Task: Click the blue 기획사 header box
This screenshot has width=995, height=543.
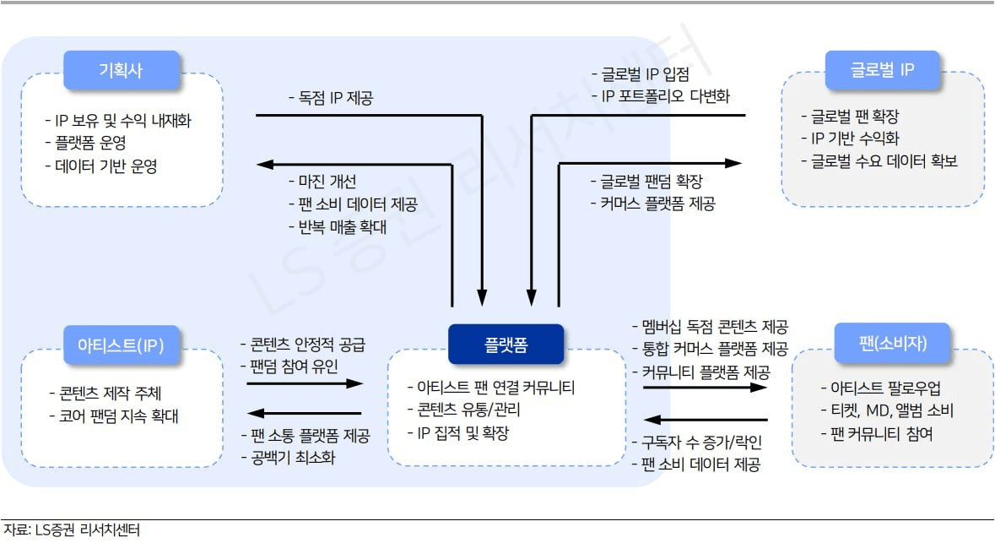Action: pyautogui.click(x=122, y=71)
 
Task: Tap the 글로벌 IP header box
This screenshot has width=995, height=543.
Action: pyautogui.click(x=882, y=70)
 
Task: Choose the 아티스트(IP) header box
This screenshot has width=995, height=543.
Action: pyautogui.click(x=115, y=345)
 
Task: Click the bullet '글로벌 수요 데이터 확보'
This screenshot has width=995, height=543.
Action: pyautogui.click(x=878, y=161)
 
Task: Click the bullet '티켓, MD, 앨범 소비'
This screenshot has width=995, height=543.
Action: pyautogui.click(x=886, y=411)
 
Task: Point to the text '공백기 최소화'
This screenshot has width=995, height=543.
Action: pyautogui.click(x=287, y=459)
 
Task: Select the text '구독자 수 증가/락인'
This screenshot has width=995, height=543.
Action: pyautogui.click(x=696, y=443)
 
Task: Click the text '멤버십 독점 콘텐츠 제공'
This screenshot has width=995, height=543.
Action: pyautogui.click(x=709, y=327)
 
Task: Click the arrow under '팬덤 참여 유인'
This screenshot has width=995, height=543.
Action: pyautogui.click(x=305, y=383)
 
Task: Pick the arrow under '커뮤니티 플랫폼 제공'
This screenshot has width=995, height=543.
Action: pyautogui.click(x=706, y=388)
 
